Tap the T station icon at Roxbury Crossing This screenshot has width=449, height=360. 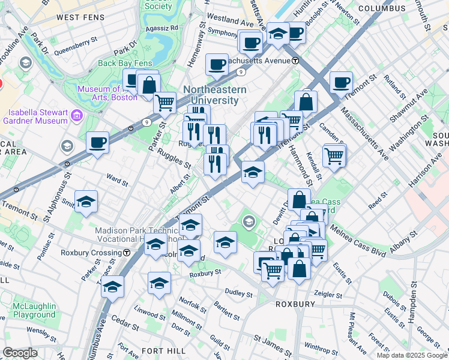(127, 253)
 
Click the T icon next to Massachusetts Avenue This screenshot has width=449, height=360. (295, 61)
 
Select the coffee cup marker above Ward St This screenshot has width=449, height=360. (97, 143)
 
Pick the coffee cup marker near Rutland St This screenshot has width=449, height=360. (341, 83)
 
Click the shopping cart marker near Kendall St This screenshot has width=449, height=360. (334, 156)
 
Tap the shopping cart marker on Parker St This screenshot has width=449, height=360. (164, 103)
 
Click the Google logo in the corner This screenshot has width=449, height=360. (20, 353)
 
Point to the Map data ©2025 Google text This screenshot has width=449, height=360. (412, 355)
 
